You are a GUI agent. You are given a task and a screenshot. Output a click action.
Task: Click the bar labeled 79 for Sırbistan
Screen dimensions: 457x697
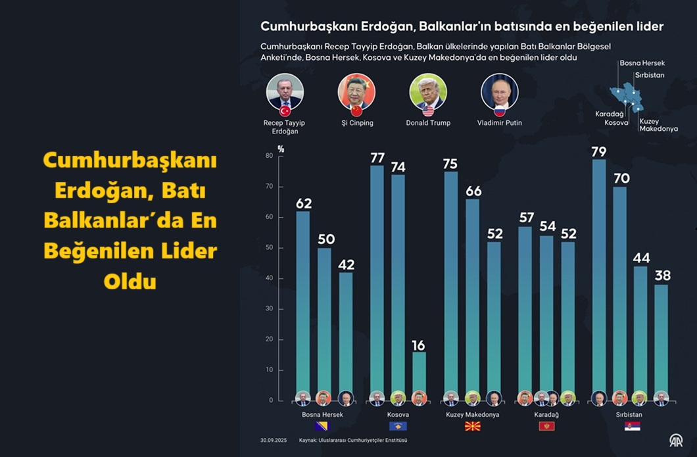[x=599, y=276]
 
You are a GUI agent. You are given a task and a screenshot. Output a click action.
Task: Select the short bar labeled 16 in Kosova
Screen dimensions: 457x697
[x=419, y=372]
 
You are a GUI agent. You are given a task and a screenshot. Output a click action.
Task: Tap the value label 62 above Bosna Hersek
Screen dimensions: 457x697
[x=303, y=204]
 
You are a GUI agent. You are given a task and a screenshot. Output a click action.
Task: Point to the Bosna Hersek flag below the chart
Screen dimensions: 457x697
[x=322, y=426]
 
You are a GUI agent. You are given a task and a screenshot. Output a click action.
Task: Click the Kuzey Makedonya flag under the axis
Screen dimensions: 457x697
[x=472, y=426]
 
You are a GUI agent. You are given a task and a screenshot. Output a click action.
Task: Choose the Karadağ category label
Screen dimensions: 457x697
[x=546, y=415]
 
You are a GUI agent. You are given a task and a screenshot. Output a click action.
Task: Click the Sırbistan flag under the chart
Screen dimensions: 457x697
[x=632, y=426]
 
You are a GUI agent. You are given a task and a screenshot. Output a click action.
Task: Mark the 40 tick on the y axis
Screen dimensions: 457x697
[x=269, y=278]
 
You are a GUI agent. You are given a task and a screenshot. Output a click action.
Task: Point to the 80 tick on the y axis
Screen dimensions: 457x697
[x=269, y=156]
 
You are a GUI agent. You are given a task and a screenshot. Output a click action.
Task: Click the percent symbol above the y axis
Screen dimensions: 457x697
[x=281, y=149]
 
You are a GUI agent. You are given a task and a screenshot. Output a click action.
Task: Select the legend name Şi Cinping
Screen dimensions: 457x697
[x=356, y=123]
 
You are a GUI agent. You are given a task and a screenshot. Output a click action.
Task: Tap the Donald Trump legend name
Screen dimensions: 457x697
[x=428, y=123]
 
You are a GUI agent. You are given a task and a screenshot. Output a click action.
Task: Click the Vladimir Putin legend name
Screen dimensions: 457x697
[x=500, y=123]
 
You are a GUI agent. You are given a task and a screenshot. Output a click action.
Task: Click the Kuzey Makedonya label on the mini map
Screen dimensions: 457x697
[x=658, y=125]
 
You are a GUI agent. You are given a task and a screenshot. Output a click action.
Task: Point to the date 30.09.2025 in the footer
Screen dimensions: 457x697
[x=273, y=440]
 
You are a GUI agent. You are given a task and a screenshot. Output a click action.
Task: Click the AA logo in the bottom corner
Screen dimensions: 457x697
[x=675, y=440]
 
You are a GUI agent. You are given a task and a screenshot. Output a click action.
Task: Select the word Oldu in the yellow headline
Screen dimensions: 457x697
[x=130, y=281]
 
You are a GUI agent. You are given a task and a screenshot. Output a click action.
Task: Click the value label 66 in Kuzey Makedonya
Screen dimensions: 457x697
[x=473, y=191]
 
